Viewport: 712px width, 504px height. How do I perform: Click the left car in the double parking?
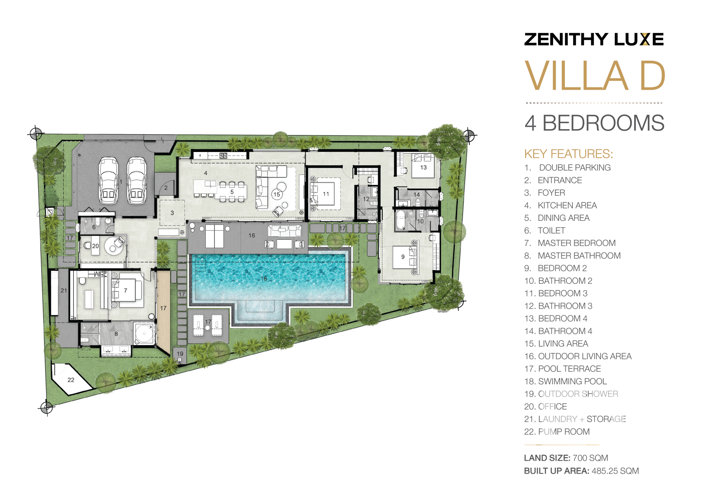pyautogui.click(x=108, y=180)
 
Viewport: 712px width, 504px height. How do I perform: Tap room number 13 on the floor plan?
pyautogui.click(x=423, y=167)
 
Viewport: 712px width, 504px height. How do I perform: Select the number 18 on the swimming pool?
pyautogui.click(x=264, y=278)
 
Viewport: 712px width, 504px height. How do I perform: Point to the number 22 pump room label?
pyautogui.click(x=71, y=380)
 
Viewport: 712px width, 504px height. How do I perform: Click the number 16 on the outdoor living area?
pyautogui.click(x=252, y=235)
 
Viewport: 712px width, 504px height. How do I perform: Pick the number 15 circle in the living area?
pyautogui.click(x=277, y=194)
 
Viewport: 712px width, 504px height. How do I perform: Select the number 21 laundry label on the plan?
pyautogui.click(x=64, y=291)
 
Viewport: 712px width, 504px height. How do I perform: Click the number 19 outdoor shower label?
pyautogui.click(x=180, y=354)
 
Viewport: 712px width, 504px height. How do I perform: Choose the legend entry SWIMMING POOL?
pyautogui.click(x=572, y=382)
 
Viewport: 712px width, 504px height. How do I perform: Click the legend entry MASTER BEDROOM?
pyautogui.click(x=577, y=243)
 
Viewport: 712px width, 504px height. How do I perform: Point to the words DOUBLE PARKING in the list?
pyautogui.click(x=575, y=168)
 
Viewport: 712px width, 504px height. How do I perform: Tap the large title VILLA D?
pyautogui.click(x=595, y=76)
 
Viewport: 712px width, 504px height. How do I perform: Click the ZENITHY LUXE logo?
pyautogui.click(x=594, y=39)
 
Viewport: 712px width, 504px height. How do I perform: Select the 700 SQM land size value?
pyautogui.click(x=590, y=458)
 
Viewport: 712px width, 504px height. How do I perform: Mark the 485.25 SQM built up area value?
pyautogui.click(x=615, y=471)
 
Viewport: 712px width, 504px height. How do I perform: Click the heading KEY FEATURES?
pyautogui.click(x=568, y=154)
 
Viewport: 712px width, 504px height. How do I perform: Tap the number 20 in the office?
pyautogui.click(x=96, y=246)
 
